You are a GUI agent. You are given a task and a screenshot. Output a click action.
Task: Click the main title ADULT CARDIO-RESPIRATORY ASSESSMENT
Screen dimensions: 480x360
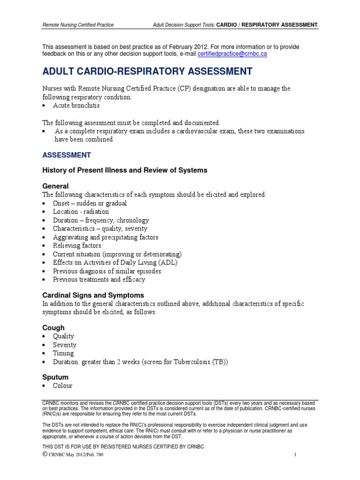147,72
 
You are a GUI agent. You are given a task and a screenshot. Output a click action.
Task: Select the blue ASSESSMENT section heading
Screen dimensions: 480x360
67,155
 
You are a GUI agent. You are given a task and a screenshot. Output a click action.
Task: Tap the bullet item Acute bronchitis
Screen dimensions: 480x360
76,106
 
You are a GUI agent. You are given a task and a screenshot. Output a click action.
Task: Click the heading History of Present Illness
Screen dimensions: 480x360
125,170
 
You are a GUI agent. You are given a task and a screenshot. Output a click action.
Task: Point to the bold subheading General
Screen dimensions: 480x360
55,186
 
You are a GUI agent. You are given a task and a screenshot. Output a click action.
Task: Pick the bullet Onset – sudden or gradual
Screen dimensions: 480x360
90,203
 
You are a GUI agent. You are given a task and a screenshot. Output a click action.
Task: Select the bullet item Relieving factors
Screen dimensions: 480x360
77,246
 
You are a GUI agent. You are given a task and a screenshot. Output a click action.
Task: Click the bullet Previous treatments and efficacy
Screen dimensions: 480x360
99,279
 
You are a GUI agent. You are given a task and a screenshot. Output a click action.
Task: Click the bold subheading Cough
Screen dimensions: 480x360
53,328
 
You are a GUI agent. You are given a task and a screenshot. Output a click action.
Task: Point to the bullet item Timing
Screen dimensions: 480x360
63,353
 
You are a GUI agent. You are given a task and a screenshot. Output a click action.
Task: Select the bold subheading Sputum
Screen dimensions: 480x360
55,377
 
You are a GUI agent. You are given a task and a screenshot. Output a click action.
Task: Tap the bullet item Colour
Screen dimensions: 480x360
63,386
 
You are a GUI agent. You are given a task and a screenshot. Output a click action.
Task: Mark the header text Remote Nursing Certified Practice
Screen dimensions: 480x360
78,24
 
